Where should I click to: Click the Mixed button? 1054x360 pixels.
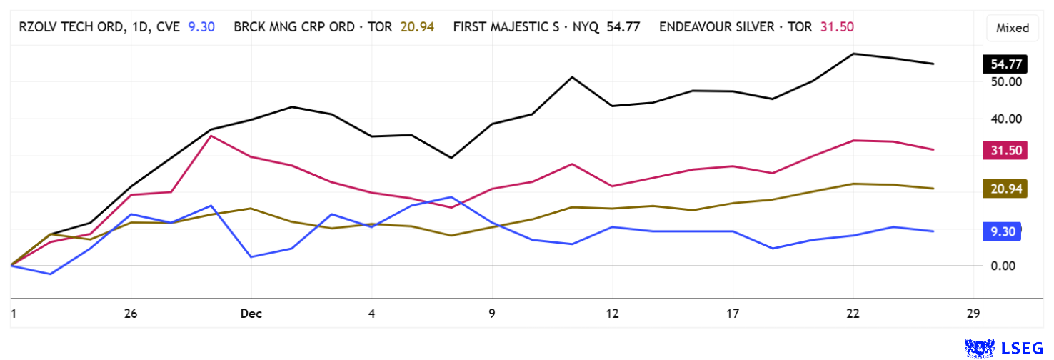point(1013,28)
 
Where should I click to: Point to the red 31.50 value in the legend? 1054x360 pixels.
point(838,27)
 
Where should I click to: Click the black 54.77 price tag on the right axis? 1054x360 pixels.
point(1006,64)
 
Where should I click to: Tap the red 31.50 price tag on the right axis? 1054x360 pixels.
point(1006,150)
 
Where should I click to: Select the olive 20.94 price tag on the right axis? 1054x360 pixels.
point(1006,189)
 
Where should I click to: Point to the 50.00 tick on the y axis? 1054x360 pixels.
point(1006,81)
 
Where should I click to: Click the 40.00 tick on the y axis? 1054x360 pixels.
point(1006,119)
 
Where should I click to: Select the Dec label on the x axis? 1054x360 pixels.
point(251,314)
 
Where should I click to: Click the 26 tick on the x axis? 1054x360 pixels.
point(130,314)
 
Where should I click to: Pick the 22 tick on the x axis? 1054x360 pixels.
point(853,314)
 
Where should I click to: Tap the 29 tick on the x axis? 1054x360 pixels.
point(971,314)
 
